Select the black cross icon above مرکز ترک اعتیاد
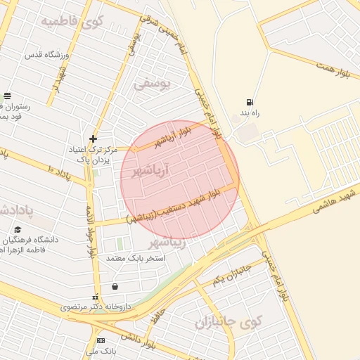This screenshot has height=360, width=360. [93, 139]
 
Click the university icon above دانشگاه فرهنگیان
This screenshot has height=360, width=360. [18, 229]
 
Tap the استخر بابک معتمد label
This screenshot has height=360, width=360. [135, 258]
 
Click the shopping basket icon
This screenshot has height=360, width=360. [115, 286]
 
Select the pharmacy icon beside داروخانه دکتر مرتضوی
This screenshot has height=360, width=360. [95, 297]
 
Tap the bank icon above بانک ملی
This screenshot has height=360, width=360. [100, 340]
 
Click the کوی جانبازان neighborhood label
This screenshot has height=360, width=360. [229, 323]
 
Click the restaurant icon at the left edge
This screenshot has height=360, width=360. [6, 96]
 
